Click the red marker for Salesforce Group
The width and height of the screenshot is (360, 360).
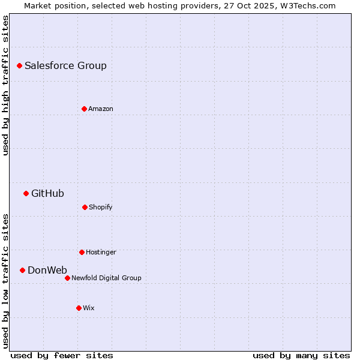click(x=19, y=65)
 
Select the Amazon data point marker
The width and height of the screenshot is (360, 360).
click(x=84, y=109)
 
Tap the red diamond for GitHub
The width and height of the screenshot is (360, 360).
click(x=26, y=193)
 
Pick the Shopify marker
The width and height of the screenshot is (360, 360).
click(x=85, y=207)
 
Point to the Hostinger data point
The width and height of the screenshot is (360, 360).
click(x=82, y=252)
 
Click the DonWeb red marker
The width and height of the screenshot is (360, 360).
click(x=22, y=270)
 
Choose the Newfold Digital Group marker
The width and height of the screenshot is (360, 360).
click(x=67, y=278)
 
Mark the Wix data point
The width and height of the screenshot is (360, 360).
click(x=79, y=308)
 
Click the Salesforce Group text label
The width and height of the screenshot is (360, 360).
click(x=65, y=66)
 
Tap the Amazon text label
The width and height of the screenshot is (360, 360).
click(x=101, y=109)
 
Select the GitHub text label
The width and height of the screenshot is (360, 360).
click(x=47, y=193)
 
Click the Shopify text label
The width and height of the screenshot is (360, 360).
click(x=101, y=208)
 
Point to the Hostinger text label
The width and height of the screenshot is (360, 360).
click(x=101, y=253)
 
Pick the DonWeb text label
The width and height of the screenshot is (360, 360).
click(x=47, y=270)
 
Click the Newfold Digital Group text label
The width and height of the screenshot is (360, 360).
click(x=106, y=278)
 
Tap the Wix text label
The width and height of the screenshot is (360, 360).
click(x=89, y=308)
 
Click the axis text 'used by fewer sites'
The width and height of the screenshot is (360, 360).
click(x=62, y=355)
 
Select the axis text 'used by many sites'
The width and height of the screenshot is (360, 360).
click(x=301, y=355)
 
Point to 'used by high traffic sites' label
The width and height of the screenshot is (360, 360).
click(x=5, y=85)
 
